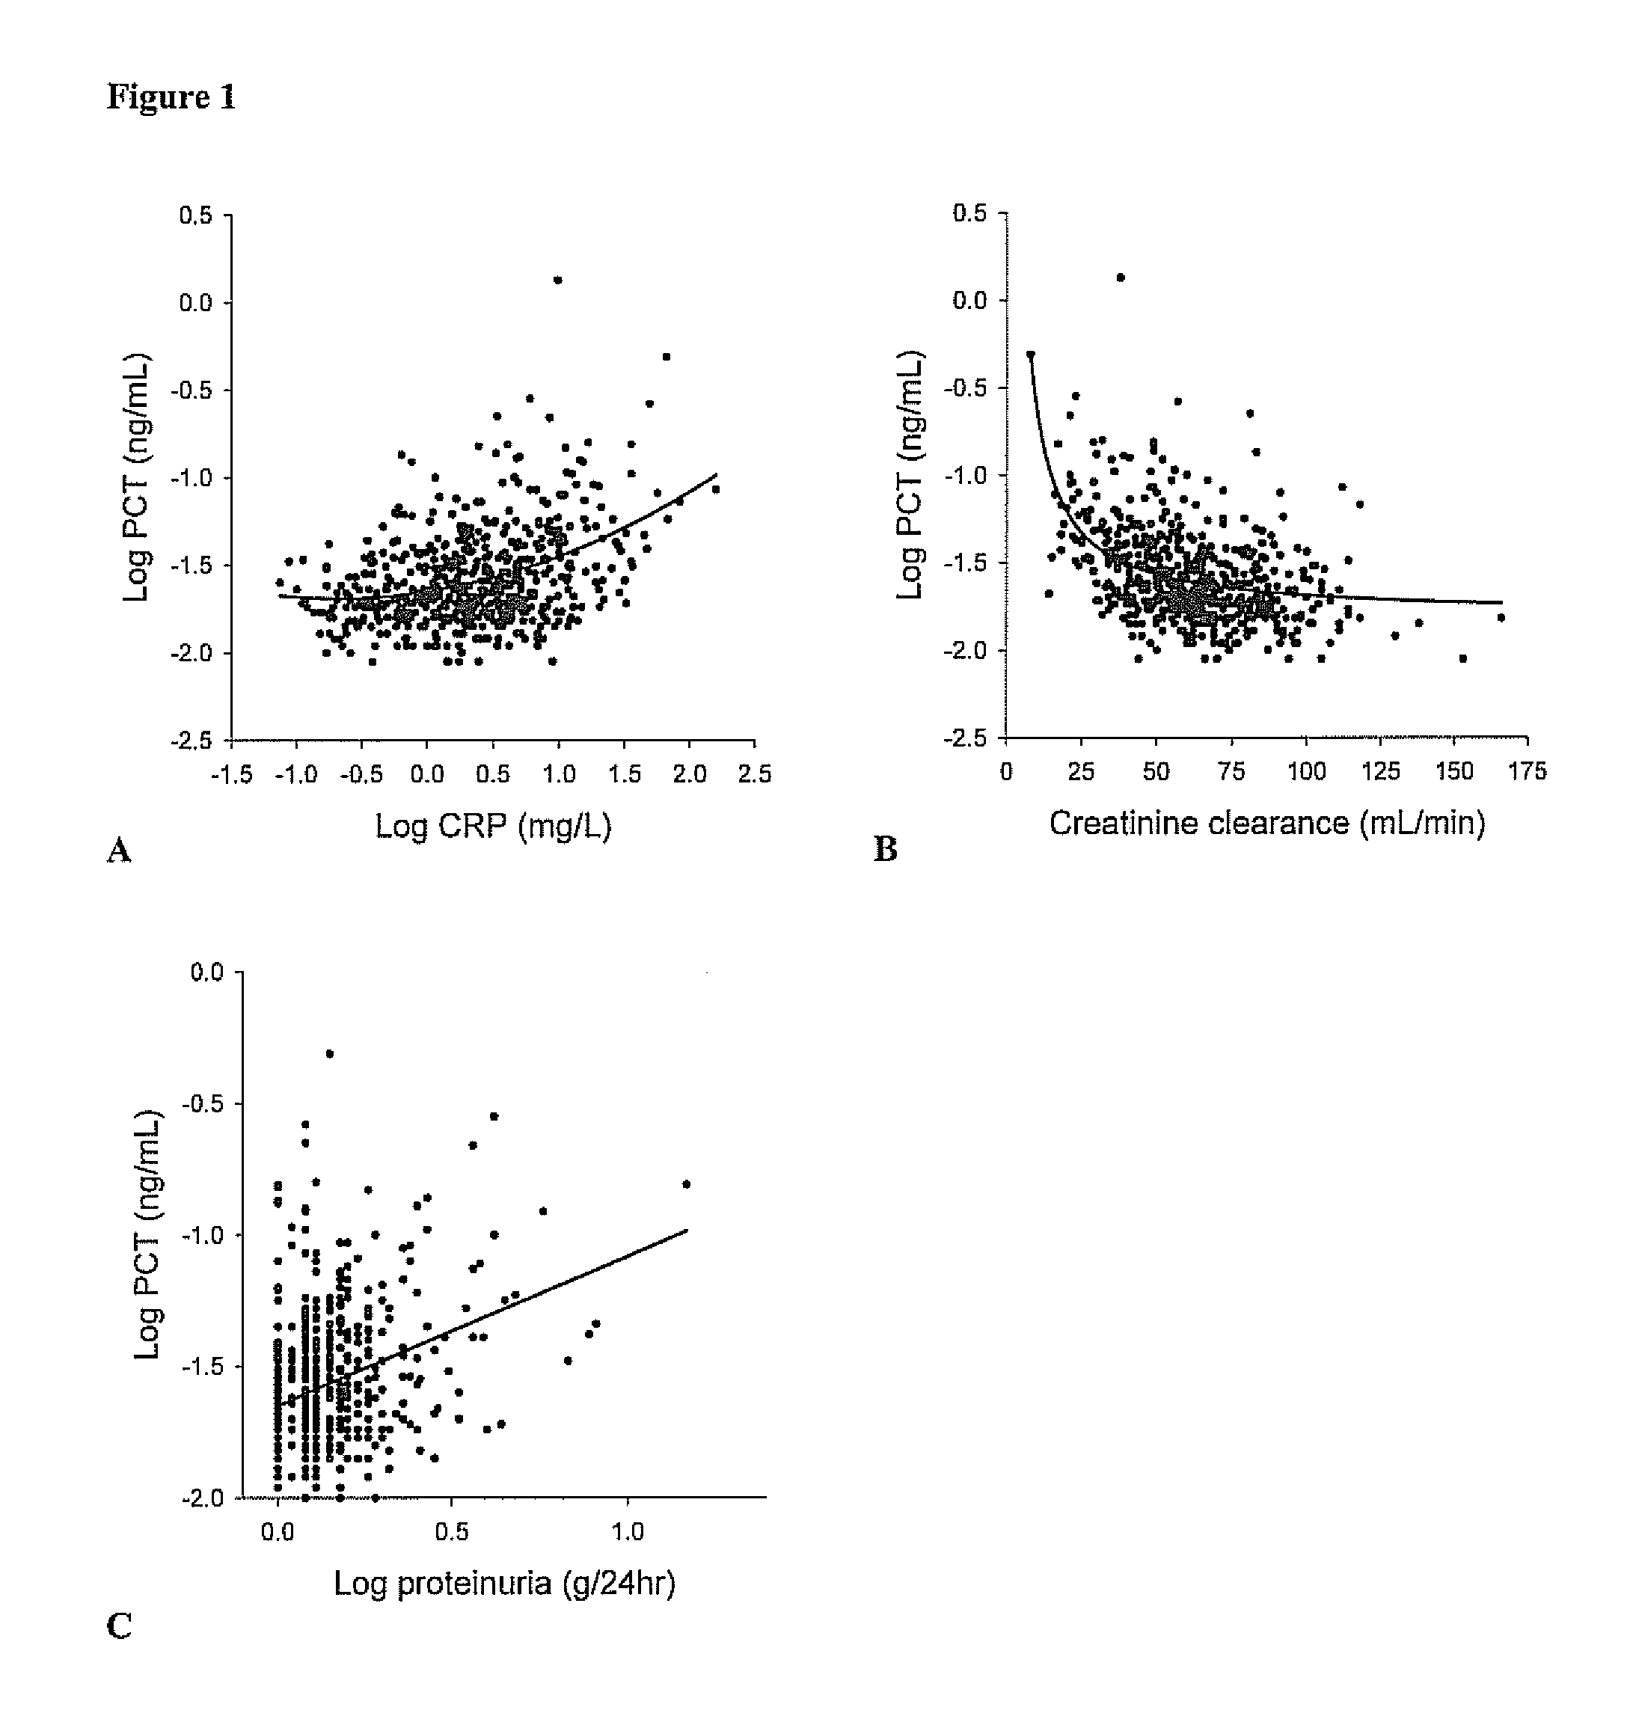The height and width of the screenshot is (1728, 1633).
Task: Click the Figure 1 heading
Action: [171, 96]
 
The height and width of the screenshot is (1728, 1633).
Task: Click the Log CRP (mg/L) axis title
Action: [493, 825]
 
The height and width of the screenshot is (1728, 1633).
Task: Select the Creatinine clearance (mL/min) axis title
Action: [1266, 823]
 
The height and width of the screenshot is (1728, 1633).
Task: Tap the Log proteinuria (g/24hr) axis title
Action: [504, 1583]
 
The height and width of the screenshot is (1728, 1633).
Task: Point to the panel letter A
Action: [119, 851]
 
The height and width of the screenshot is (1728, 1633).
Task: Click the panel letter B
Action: [885, 850]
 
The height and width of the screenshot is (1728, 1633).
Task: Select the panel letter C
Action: [119, 1626]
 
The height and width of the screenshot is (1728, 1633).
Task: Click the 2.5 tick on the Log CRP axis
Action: [754, 774]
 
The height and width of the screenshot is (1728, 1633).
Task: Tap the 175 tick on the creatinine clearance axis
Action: [1528, 771]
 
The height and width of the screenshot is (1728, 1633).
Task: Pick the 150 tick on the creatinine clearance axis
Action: [1453, 771]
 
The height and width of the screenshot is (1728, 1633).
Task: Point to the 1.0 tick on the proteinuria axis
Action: [628, 1531]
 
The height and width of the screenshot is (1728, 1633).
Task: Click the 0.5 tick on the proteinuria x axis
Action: [452, 1531]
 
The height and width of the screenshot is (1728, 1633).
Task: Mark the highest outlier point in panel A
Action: [558, 281]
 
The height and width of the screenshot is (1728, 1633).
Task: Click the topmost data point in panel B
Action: [1121, 278]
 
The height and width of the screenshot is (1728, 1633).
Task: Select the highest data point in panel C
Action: [330, 1054]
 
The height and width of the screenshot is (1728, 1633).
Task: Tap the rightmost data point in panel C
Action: [686, 1184]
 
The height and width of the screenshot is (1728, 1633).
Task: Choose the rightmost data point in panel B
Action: [1501, 618]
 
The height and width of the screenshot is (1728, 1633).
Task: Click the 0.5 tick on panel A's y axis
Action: [197, 215]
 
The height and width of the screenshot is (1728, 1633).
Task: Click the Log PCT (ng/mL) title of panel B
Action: [910, 475]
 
